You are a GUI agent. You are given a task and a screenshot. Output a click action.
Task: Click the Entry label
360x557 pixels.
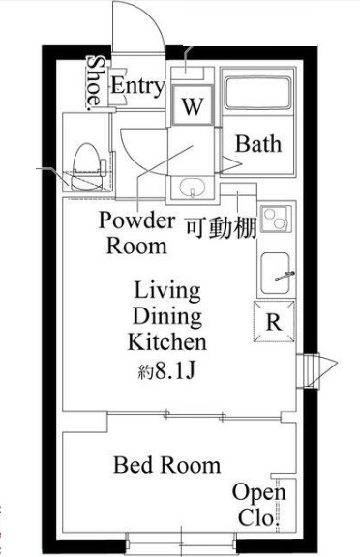tap(136, 86)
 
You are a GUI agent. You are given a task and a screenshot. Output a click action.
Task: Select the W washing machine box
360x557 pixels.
tap(192, 105)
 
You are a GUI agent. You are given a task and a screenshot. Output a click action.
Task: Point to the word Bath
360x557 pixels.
tap(258, 145)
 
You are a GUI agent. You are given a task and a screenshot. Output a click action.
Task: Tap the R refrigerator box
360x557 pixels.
tap(273, 323)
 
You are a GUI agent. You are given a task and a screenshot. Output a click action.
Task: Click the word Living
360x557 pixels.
tap(166, 290)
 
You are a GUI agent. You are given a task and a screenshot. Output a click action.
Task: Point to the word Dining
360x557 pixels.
tap(166, 316)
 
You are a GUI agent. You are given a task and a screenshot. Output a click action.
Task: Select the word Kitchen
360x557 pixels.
tap(166, 342)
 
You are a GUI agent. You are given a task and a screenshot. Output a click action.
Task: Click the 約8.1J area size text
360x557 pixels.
tap(166, 369)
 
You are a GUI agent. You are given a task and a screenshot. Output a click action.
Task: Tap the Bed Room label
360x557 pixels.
tap(166, 465)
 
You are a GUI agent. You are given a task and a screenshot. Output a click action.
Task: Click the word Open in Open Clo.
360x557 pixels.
tap(258, 493)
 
